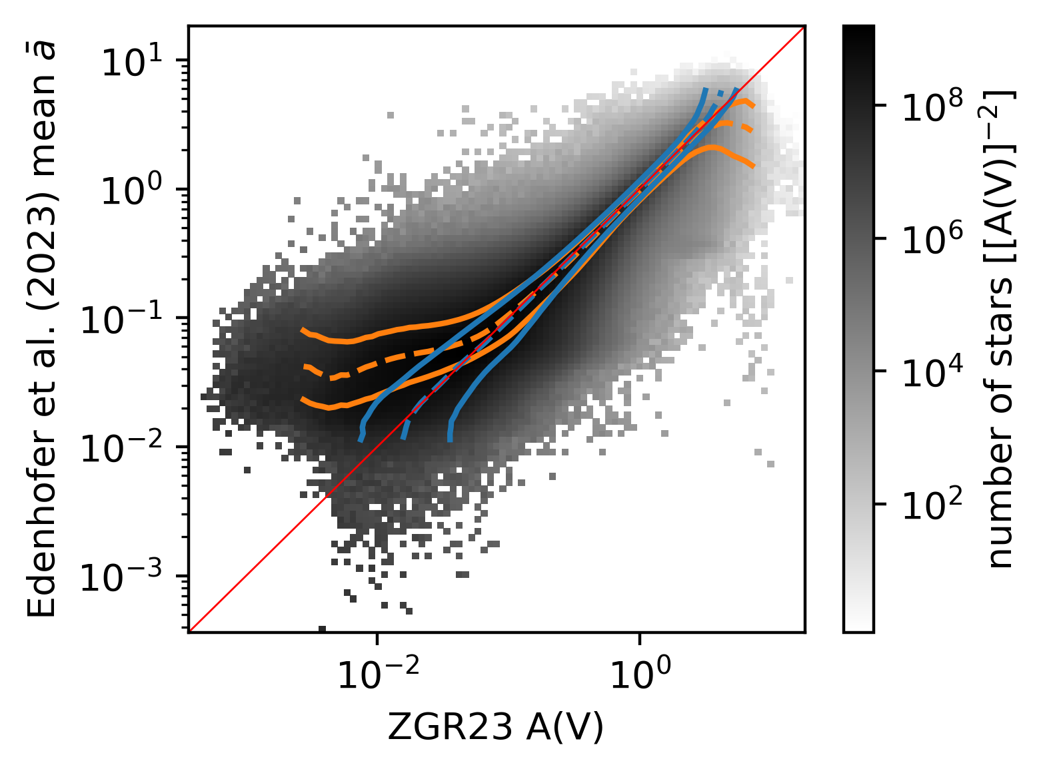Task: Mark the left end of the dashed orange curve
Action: click(305, 367)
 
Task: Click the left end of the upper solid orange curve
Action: click(303, 330)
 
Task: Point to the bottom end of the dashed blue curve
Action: click(403, 437)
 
